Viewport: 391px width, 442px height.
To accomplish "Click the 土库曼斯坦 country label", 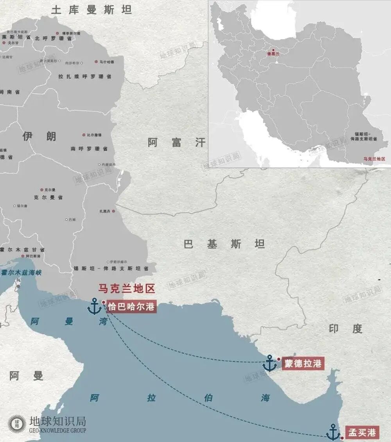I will (x=91, y=10).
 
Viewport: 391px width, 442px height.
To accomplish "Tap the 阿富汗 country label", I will (x=176, y=143).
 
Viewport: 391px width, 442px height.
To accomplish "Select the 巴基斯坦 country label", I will (x=224, y=244).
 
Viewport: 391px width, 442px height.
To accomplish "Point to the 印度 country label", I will (x=345, y=329).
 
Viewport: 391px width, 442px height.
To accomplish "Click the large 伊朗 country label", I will (x=39, y=136).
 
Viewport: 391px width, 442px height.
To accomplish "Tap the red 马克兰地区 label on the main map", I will (x=127, y=289).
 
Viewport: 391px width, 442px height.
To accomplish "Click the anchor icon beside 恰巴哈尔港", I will (x=94, y=306).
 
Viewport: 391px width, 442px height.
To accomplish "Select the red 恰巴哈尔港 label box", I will (x=131, y=307).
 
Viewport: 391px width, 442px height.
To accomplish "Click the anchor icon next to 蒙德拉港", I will (x=269, y=363).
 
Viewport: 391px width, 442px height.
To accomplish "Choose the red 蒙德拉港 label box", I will (x=303, y=364).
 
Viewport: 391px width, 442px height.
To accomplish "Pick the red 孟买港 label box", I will (x=362, y=432).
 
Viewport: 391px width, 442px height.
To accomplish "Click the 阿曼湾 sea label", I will (x=69, y=322).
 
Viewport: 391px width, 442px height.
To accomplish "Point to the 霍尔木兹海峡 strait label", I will (x=21, y=273).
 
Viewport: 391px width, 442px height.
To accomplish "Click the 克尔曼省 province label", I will (x=48, y=198).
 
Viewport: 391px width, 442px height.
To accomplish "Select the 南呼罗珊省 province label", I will (x=90, y=149).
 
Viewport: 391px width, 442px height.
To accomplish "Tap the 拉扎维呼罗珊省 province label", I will (x=84, y=77).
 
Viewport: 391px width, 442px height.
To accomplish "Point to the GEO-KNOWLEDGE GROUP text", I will (x=57, y=430).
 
